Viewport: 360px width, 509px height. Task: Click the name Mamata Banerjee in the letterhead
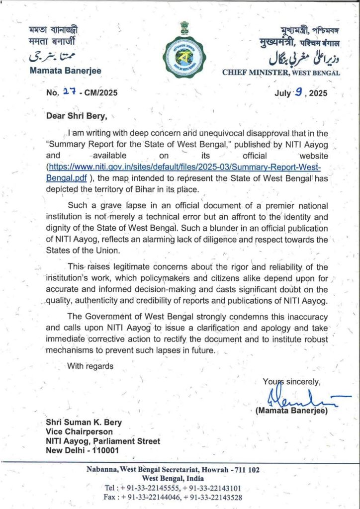[x=66, y=71]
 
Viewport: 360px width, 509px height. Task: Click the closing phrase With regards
[x=90, y=366]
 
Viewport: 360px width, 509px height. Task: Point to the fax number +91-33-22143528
[x=212, y=497]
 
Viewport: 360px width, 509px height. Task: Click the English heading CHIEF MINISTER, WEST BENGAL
[x=281, y=73]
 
